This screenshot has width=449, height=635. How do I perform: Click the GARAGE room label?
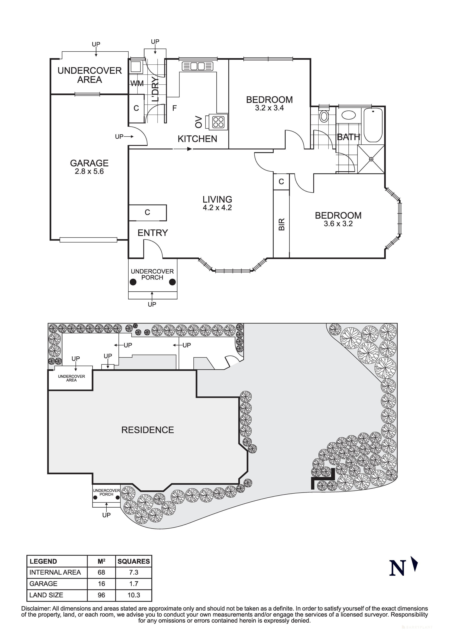click(89, 163)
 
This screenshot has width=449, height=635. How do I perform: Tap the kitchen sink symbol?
click(198, 66)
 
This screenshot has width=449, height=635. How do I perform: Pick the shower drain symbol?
click(371, 159)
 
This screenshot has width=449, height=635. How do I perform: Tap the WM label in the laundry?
click(137, 83)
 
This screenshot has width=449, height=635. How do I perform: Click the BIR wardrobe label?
click(281, 224)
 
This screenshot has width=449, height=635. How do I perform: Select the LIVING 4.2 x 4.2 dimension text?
click(217, 208)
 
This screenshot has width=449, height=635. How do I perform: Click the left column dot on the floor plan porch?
click(133, 282)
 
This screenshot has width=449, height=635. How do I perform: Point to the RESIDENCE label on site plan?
click(147, 430)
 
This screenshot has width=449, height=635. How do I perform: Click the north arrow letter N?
click(397, 568)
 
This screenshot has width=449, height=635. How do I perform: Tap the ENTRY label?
click(153, 233)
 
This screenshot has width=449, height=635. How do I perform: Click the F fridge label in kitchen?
click(174, 108)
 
